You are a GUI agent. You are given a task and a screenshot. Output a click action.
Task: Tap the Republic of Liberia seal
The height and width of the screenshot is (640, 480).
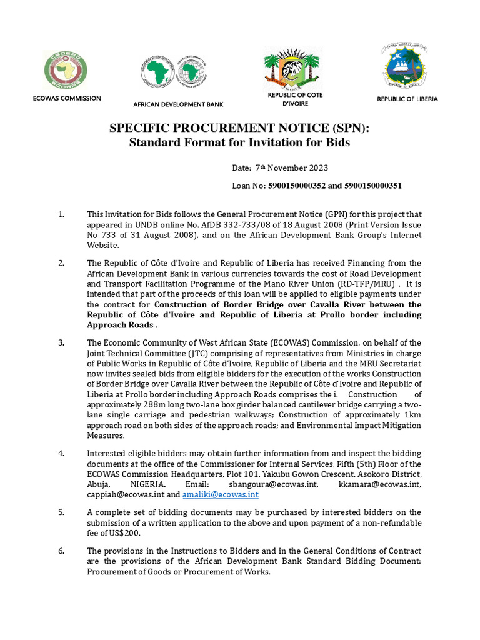(407, 67)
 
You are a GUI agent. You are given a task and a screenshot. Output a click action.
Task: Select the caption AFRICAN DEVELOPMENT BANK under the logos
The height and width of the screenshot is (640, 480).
(178, 104)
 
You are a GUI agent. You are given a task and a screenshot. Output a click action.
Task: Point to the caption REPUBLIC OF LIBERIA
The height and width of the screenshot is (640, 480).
(407, 99)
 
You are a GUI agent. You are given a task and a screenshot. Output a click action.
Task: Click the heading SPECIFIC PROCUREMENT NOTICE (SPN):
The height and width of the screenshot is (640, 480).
(239, 128)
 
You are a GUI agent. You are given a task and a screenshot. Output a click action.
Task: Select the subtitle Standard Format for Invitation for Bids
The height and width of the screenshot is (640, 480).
(239, 142)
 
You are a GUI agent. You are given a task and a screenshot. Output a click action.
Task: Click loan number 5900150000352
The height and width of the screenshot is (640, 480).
(299, 186)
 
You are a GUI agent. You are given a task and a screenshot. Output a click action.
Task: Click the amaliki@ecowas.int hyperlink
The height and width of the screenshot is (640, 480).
(220, 494)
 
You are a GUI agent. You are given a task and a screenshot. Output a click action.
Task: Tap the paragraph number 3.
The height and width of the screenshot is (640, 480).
(61, 342)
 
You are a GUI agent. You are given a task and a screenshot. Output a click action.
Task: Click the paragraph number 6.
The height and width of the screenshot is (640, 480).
(61, 551)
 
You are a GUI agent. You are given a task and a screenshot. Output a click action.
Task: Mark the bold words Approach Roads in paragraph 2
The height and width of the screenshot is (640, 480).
(119, 325)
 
